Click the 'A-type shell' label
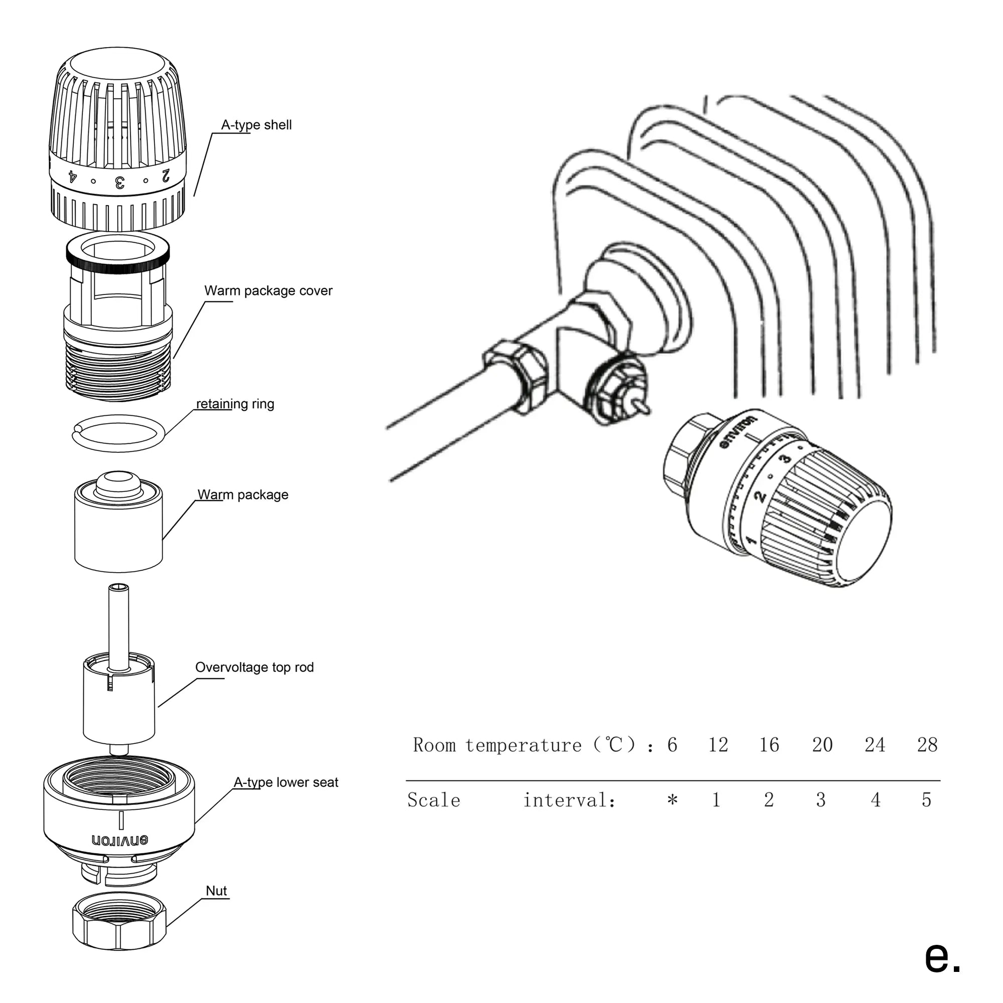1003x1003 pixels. (256, 125)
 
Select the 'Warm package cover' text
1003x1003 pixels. (268, 291)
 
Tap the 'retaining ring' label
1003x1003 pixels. (235, 404)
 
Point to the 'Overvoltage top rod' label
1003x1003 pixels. (254, 667)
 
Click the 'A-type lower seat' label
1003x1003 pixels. (285, 782)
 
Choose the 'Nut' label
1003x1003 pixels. (216, 891)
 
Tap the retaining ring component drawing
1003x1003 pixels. (118, 433)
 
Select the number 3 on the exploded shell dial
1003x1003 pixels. (119, 182)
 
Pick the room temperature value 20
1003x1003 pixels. (822, 745)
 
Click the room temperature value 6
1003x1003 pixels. (673, 745)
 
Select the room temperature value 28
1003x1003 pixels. (927, 745)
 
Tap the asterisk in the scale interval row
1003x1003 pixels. (673, 800)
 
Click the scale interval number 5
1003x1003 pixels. (927, 800)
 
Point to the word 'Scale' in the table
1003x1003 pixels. (433, 800)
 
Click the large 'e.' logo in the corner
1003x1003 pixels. (942, 956)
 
